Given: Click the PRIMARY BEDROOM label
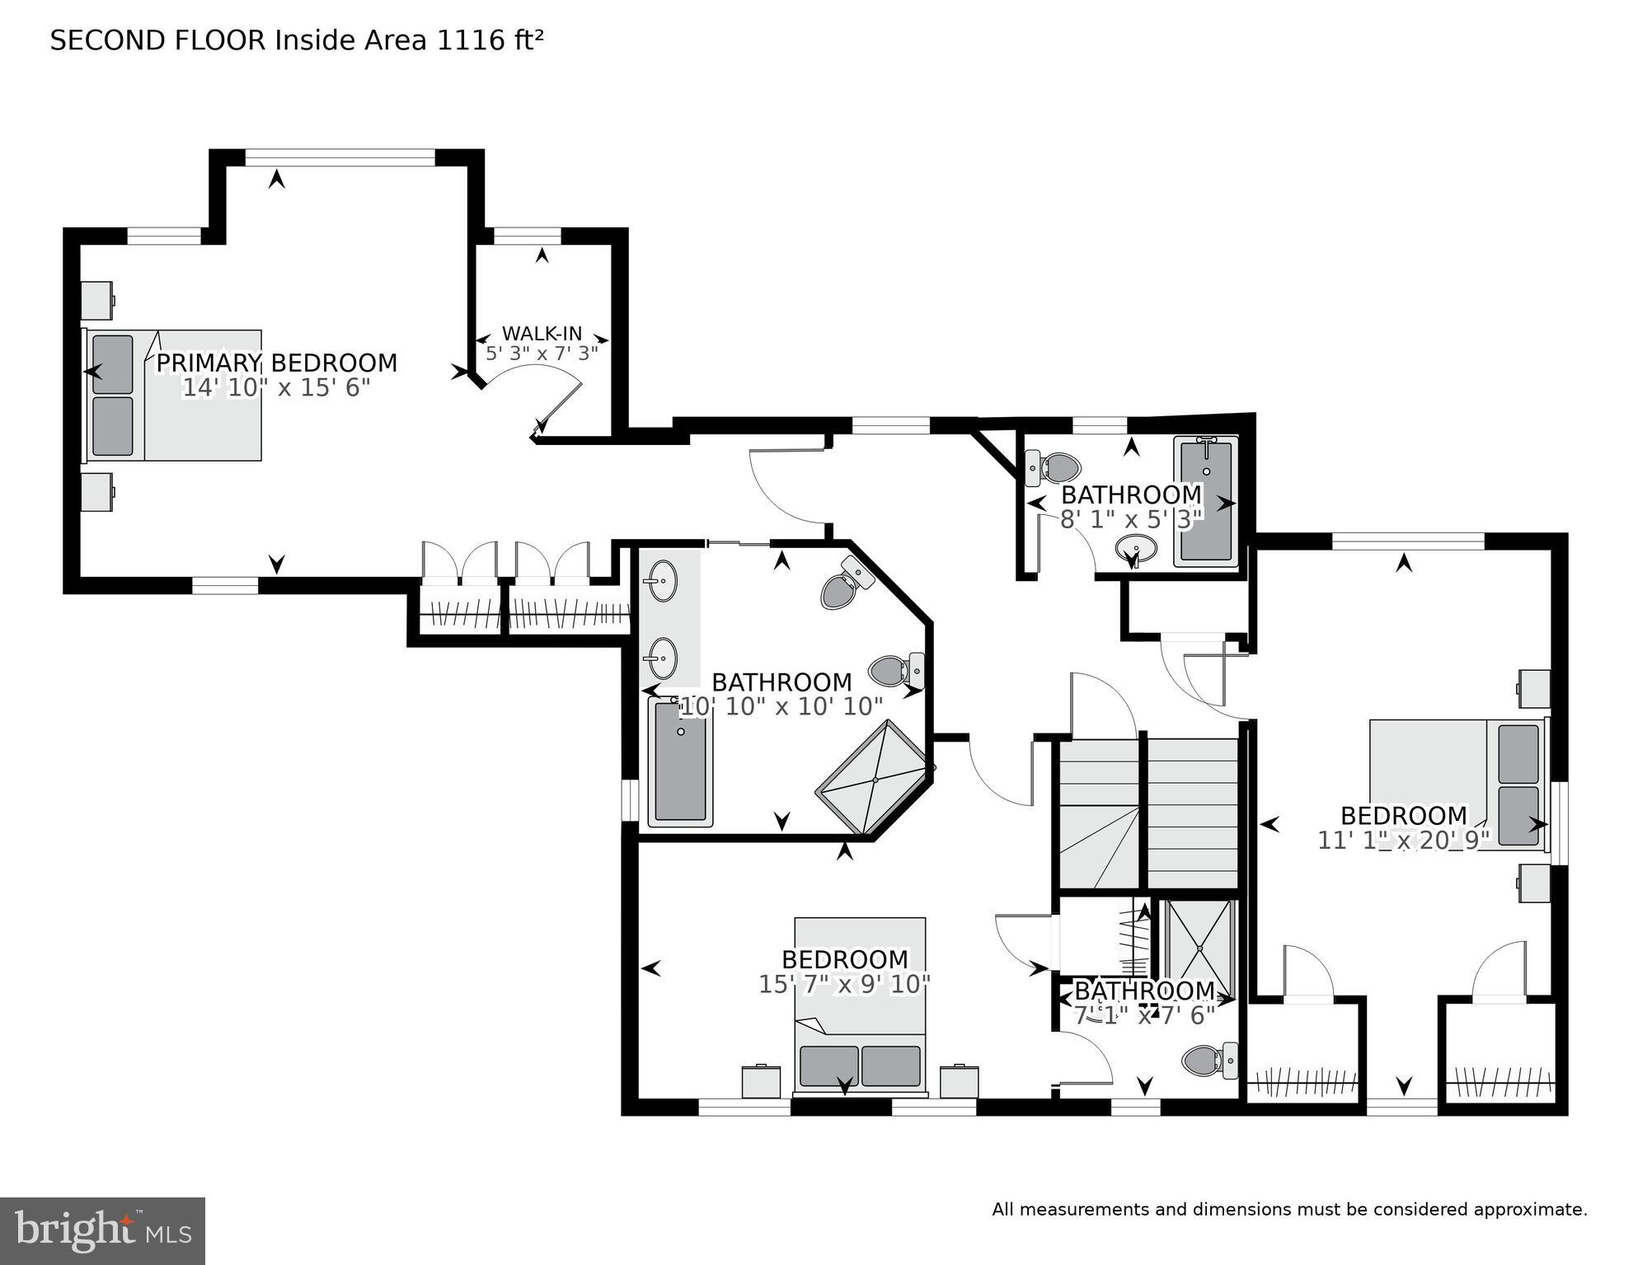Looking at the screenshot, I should [x=276, y=363].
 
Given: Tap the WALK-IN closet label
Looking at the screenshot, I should [x=542, y=334].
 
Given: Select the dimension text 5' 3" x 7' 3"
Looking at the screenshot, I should [x=542, y=354].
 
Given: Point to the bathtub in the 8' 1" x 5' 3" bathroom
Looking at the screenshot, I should [x=1206, y=502].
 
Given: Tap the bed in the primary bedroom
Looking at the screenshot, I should [x=174, y=396].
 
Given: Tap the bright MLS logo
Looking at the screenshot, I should [x=102, y=1230].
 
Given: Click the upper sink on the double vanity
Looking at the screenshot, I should [x=662, y=581].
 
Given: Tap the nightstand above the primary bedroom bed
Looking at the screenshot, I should [x=98, y=300].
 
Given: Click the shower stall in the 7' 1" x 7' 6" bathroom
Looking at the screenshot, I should [x=1199, y=948].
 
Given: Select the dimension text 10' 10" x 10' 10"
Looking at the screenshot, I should [x=780, y=706].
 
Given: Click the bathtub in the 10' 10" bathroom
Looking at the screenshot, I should [x=680, y=762].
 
